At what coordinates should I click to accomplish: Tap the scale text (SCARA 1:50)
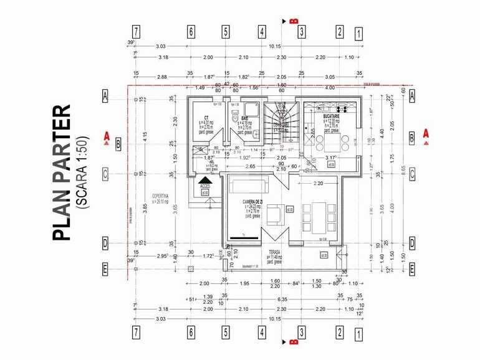pyautogui.click(x=82, y=171)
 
